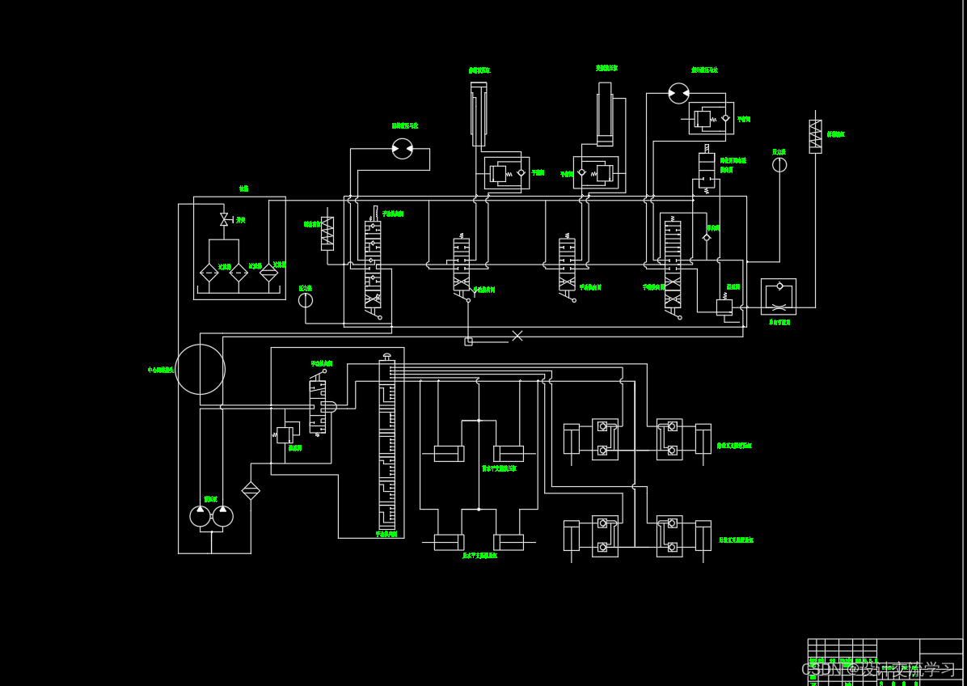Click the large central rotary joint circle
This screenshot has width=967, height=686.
click(200, 369)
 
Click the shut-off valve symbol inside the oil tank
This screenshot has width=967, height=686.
click(224, 219)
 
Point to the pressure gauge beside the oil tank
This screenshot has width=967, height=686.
click(305, 300)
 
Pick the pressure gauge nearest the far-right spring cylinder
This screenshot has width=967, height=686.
click(779, 165)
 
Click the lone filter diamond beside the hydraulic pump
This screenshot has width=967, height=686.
click(251, 490)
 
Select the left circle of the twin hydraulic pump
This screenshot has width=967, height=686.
click(201, 516)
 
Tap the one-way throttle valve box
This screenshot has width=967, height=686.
click(778, 296)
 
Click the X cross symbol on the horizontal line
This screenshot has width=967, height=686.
click(517, 336)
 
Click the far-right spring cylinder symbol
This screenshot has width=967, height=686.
click(815, 136)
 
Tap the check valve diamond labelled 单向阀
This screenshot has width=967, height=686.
click(707, 237)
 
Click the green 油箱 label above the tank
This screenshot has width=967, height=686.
click(243, 188)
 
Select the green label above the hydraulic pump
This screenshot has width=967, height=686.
click(210, 499)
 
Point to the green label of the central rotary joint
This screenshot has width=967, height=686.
click(160, 370)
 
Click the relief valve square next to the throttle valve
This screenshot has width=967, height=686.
click(724, 307)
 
